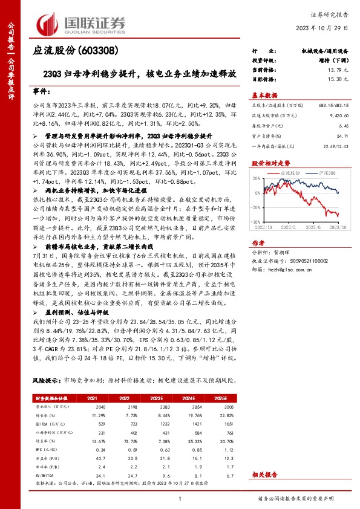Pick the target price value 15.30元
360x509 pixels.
(333, 79)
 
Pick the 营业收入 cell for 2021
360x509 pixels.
(93, 408)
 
